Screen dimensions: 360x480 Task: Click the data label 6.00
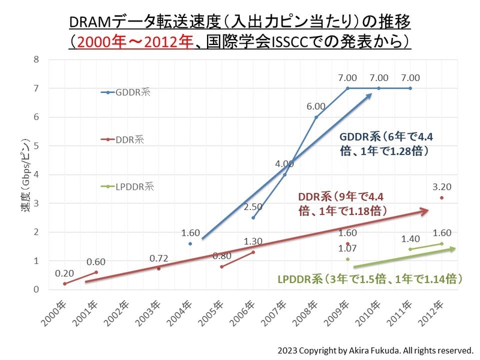(316, 106)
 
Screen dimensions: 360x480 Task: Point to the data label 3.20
(442, 186)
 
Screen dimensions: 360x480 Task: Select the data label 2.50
(253, 207)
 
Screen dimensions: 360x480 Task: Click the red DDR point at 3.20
(442, 197)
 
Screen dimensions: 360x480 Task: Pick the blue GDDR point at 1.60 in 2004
(190, 244)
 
